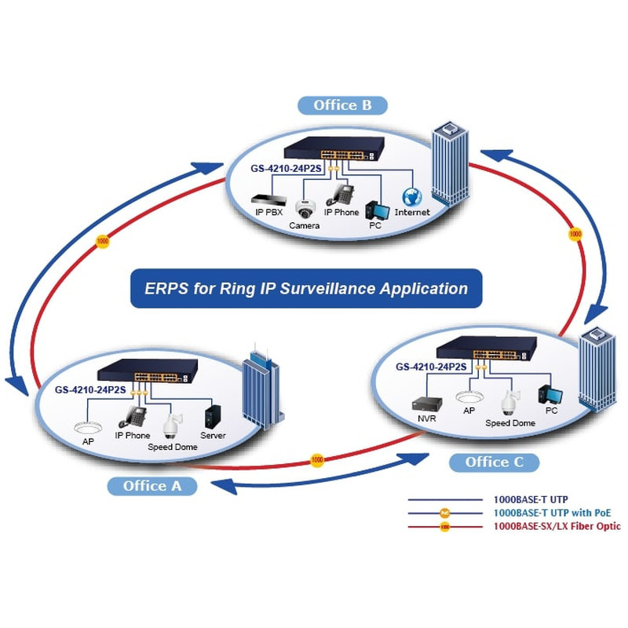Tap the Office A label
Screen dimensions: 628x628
(x=152, y=486)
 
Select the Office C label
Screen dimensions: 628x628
(x=494, y=462)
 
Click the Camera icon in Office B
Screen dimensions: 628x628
(x=304, y=209)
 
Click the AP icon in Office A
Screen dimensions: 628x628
(x=88, y=429)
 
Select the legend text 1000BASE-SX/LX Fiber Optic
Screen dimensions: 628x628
(x=557, y=526)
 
